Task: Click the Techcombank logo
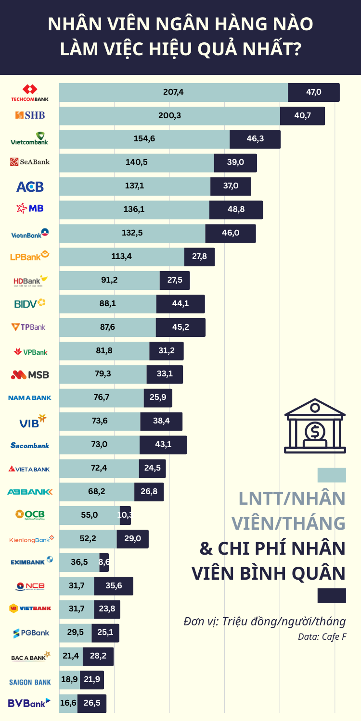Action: (x=30, y=93)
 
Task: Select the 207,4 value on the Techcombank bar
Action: (x=173, y=92)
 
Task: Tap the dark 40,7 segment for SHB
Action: (x=302, y=116)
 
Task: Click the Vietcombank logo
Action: (x=30, y=139)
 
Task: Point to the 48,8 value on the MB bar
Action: (x=236, y=210)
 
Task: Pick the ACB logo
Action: (x=30, y=186)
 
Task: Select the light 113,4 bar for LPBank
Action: (x=121, y=257)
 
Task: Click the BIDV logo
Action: (x=30, y=304)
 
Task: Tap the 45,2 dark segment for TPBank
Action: (x=180, y=327)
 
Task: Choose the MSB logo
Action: (x=30, y=374)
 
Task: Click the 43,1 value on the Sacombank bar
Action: (x=163, y=445)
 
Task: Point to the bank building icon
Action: (x=315, y=426)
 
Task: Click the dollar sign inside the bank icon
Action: (x=315, y=432)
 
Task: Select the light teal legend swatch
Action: (x=332, y=475)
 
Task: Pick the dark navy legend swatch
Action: (x=332, y=596)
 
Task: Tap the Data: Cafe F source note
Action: (x=322, y=637)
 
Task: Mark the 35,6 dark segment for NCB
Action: (x=114, y=586)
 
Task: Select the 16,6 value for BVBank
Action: (x=68, y=703)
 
